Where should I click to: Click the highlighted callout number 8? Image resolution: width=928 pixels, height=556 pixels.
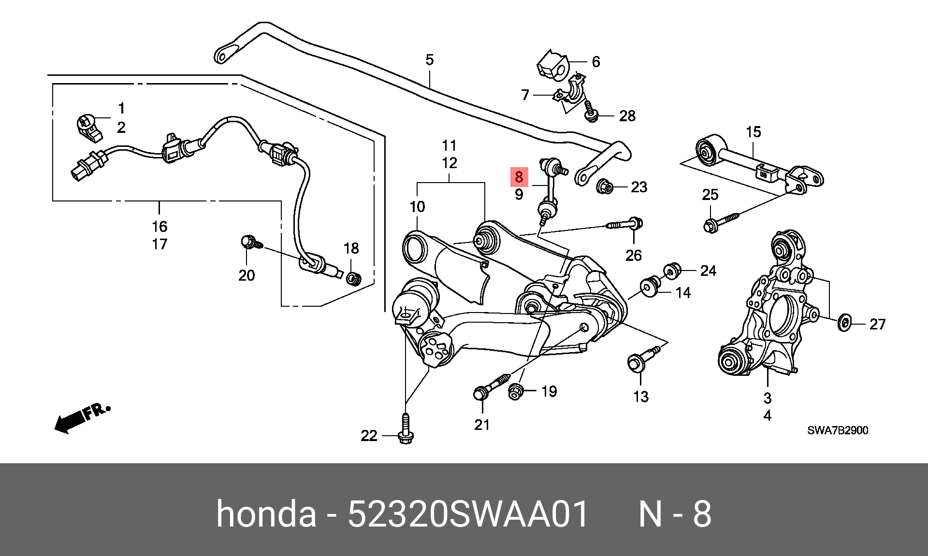tap(519, 177)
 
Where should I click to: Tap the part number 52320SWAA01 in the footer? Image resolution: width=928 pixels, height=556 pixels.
tap(468, 513)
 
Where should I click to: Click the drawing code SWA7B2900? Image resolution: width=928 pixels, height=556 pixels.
tap(837, 430)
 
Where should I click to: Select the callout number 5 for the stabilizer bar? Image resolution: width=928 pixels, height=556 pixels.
tap(429, 60)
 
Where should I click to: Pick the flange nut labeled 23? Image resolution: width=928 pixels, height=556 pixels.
tap(605, 186)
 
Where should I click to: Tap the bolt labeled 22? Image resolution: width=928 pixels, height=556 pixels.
tap(406, 430)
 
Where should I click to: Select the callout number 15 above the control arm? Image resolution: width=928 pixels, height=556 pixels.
tap(753, 132)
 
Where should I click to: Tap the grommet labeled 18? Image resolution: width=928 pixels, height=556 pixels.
tap(354, 278)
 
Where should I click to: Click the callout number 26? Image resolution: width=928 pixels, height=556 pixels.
tap(633, 255)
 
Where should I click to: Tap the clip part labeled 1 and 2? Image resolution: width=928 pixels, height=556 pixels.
tap(88, 128)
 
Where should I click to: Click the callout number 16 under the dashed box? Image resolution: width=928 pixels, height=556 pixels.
tap(159, 226)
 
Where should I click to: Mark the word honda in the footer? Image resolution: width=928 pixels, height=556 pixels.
tap(266, 513)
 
